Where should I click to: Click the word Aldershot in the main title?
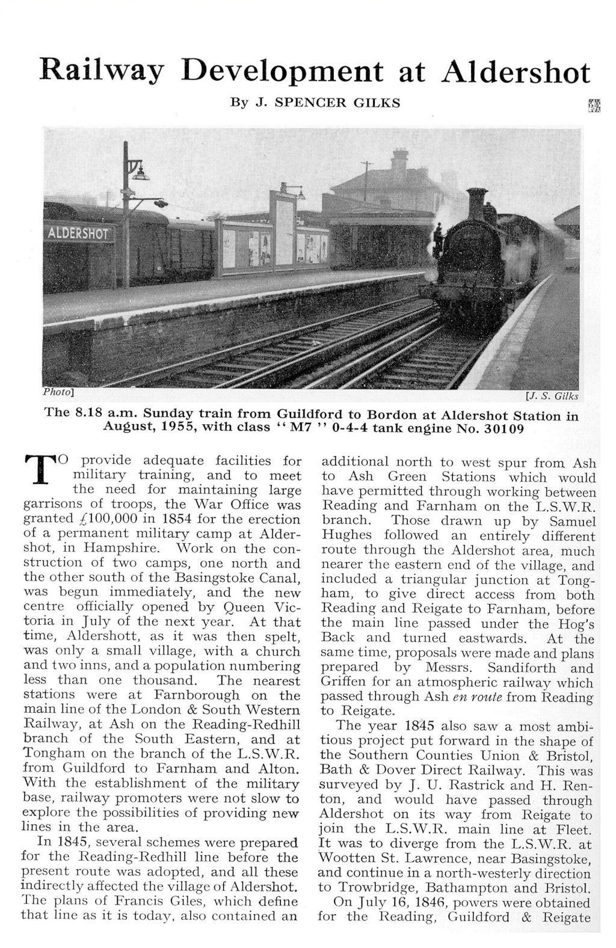pos(516,73)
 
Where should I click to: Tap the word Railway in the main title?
pos(100,72)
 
